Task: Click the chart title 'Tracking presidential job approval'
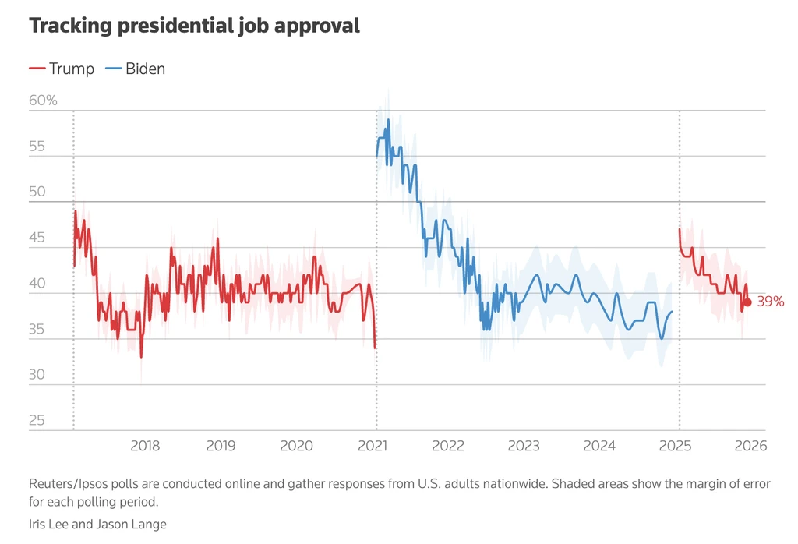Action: [194, 26]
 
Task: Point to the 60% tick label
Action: [43, 101]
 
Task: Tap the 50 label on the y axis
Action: [37, 192]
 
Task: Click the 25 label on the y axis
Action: [37, 421]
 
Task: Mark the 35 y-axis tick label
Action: [37, 330]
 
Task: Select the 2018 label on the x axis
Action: [145, 446]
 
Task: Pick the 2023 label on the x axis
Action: [524, 446]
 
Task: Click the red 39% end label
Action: [770, 302]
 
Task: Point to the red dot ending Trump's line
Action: [748, 302]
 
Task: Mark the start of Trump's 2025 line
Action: [680, 229]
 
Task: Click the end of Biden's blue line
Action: [672, 311]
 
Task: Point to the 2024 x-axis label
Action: [599, 446]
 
